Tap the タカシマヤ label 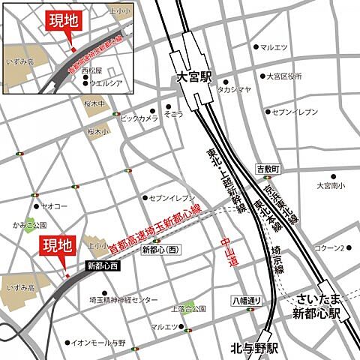[x=234, y=88]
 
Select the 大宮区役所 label [x=284, y=76]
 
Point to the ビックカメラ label [x=139, y=118]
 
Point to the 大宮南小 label [x=330, y=184]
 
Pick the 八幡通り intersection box [x=245, y=301]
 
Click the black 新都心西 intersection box [x=102, y=265]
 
